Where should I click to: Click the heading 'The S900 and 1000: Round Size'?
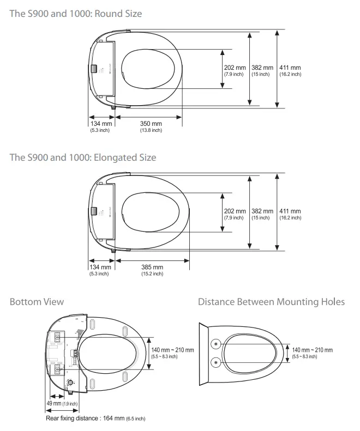click(75, 13)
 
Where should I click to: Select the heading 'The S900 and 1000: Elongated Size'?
click(83, 157)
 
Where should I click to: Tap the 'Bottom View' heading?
click(37, 302)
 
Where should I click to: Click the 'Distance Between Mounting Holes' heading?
click(271, 302)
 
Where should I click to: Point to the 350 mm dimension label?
click(151, 124)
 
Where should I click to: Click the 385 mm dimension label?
click(152, 267)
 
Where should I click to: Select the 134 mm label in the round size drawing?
click(100, 124)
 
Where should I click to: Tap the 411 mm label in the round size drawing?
click(290, 68)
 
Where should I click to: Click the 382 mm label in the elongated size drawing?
click(262, 211)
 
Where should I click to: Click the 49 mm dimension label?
click(55, 403)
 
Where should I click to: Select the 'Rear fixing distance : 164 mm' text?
click(95, 418)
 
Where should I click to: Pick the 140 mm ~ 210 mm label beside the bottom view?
click(172, 350)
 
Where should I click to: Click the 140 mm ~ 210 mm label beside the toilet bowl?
click(312, 350)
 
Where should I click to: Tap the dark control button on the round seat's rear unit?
click(94, 69)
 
